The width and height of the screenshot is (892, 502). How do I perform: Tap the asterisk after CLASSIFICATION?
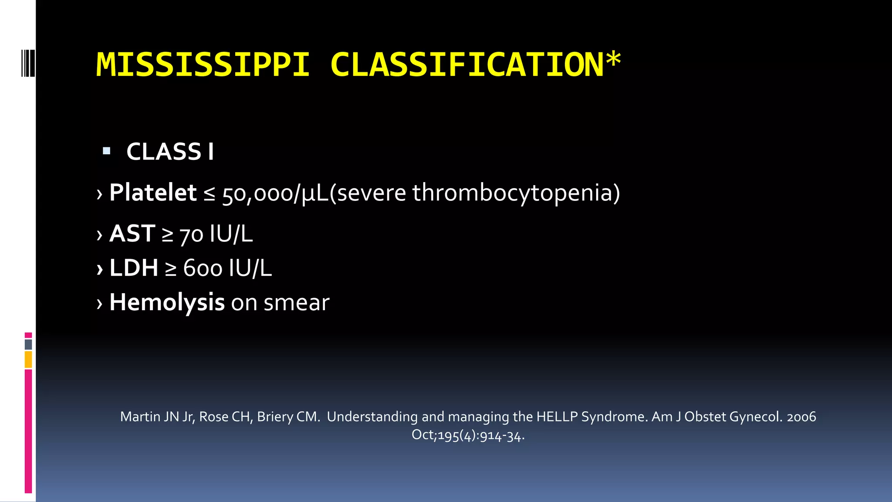(x=613, y=60)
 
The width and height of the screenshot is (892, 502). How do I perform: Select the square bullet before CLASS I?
(x=106, y=151)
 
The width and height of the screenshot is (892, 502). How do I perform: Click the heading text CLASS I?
(x=170, y=152)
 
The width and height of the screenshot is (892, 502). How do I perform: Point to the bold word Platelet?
(x=153, y=193)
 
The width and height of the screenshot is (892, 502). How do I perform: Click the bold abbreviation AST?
(x=132, y=234)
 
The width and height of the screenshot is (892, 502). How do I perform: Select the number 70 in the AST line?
(x=191, y=235)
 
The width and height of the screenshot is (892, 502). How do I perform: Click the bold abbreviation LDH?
(x=134, y=268)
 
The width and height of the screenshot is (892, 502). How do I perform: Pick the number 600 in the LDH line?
(x=203, y=268)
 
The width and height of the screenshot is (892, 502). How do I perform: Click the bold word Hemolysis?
(x=167, y=302)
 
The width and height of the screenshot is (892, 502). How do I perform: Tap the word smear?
(x=296, y=303)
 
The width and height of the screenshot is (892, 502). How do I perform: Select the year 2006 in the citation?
(x=801, y=417)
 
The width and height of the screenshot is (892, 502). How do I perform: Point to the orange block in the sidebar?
(x=28, y=360)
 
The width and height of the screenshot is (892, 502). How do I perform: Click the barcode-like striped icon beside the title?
(x=28, y=63)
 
